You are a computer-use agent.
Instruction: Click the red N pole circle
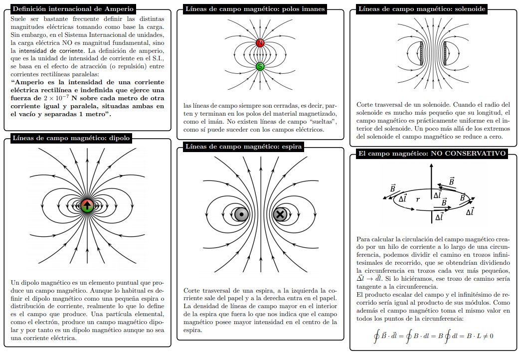260,43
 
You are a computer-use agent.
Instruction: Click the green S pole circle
260,66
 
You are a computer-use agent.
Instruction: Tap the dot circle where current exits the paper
242,214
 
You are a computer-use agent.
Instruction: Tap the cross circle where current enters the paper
280,214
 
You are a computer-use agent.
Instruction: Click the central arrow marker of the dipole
88,205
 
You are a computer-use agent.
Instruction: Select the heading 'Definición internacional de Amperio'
72,9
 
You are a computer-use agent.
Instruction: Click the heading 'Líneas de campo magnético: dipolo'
70,138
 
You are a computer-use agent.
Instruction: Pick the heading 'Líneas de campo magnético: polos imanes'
255,9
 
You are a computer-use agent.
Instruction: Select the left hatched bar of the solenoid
422,53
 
